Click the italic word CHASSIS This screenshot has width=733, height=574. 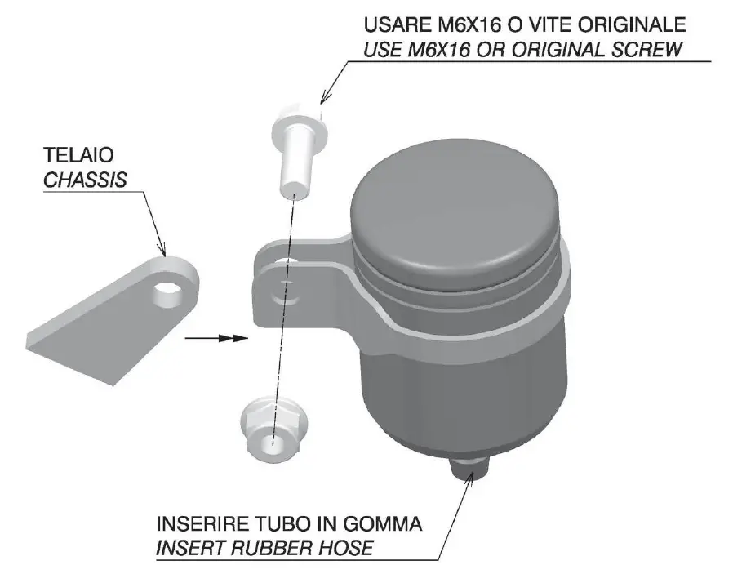click(85, 180)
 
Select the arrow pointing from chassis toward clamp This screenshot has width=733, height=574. click(215, 337)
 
